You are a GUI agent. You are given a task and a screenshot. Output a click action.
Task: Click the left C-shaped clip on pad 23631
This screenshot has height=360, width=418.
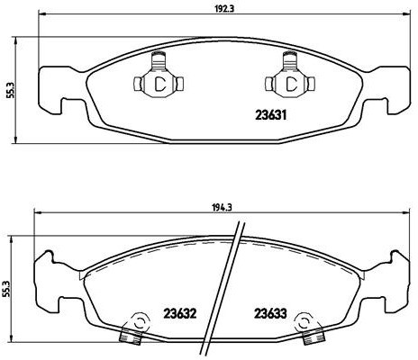click(x=159, y=84)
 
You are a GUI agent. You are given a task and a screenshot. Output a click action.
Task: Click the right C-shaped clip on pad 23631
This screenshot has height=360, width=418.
click(x=290, y=84)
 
